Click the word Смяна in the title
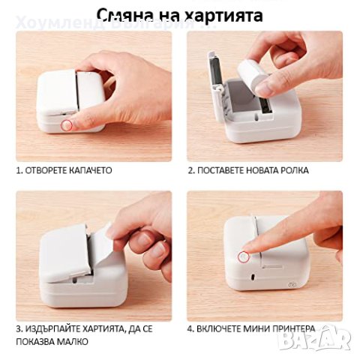point(142,14)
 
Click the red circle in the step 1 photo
point(65,124)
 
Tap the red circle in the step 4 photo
point(243,257)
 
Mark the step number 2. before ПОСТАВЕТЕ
point(191,170)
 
